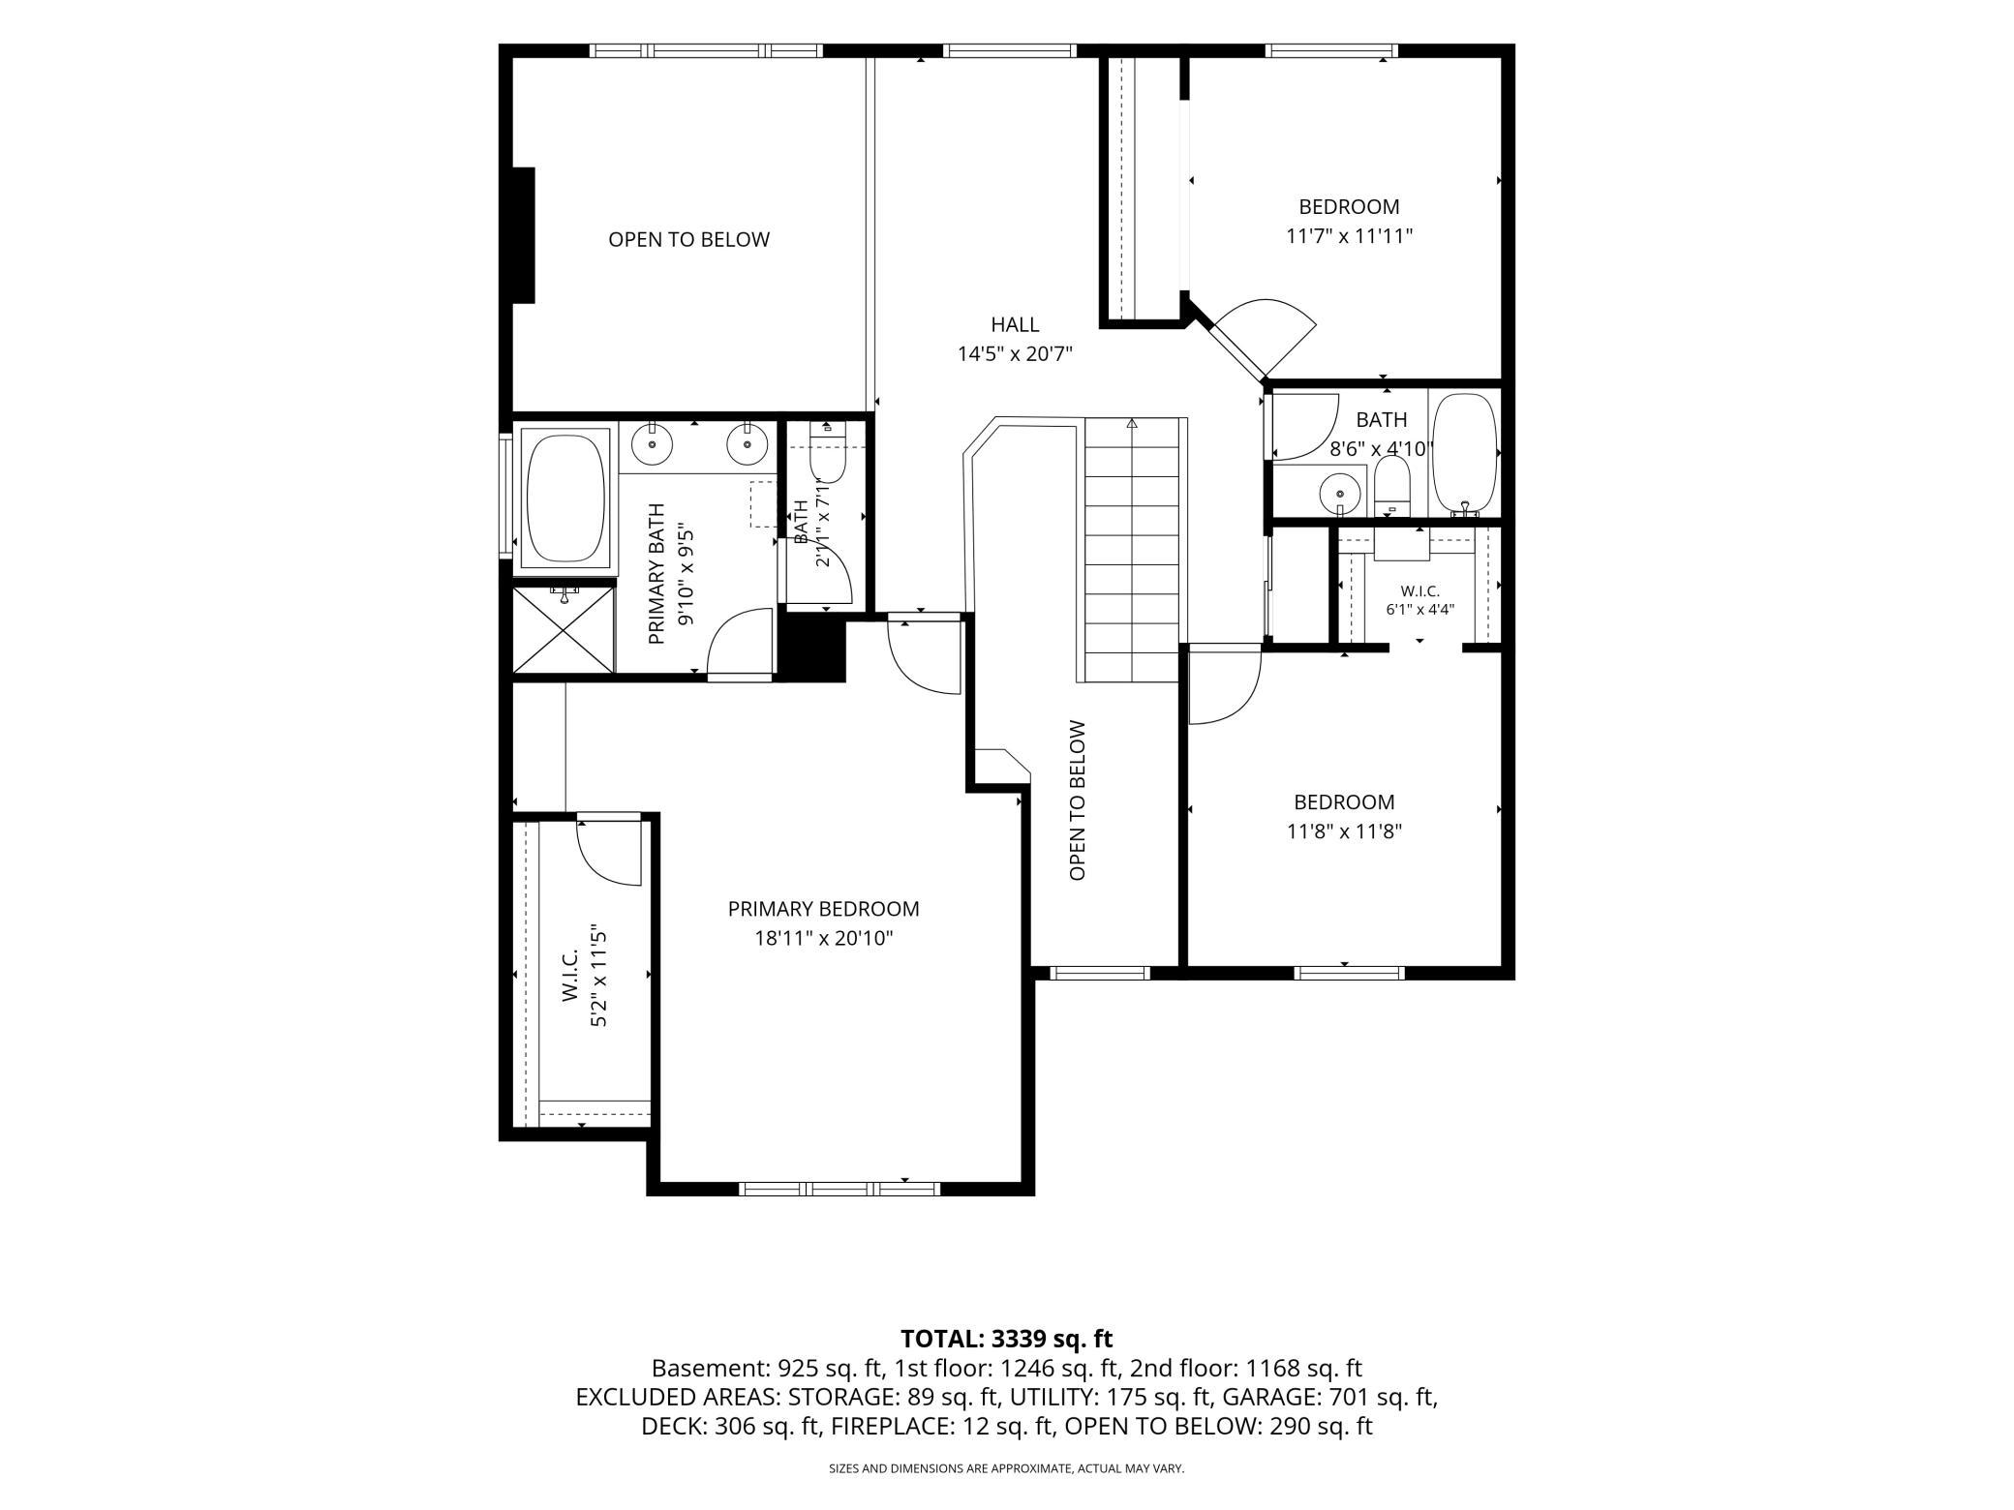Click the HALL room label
pyautogui.click(x=1015, y=325)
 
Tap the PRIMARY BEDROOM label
pyautogui.click(x=823, y=909)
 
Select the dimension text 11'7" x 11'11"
pyautogui.click(x=1349, y=235)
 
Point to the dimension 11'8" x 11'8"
pyautogui.click(x=1344, y=831)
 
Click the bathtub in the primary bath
pyautogui.click(x=565, y=498)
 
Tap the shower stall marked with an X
pyautogui.click(x=563, y=629)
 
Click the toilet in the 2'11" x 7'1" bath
pyautogui.click(x=828, y=452)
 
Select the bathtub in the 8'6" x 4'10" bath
pyautogui.click(x=1464, y=453)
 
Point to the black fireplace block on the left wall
pyautogui.click(x=523, y=235)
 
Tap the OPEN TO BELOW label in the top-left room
pyautogui.click(x=688, y=239)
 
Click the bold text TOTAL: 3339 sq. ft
pyautogui.click(x=1006, y=1339)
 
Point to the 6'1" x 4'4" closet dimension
pyautogui.click(x=1420, y=610)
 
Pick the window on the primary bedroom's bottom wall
pyautogui.click(x=839, y=1189)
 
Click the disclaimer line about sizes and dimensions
pyautogui.click(x=1006, y=1468)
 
